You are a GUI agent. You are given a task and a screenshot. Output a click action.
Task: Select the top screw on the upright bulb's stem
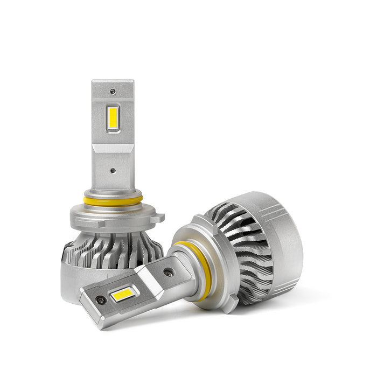point(112,91)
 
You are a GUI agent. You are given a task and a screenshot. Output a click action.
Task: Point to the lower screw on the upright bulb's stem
point(113,171)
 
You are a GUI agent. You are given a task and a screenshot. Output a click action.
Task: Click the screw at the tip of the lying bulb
point(100,301)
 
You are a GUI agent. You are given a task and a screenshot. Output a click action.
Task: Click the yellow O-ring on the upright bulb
point(113,201)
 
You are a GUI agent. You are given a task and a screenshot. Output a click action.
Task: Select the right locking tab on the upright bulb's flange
point(158,219)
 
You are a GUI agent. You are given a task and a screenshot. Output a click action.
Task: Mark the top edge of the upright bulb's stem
point(113,81)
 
